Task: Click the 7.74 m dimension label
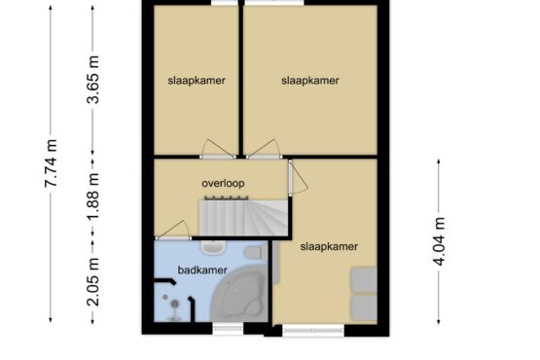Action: (x=51, y=163)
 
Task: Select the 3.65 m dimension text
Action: (x=93, y=80)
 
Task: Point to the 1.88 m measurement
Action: (x=93, y=196)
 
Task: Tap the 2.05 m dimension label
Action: (x=93, y=282)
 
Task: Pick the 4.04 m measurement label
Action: (x=439, y=242)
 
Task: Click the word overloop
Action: (x=223, y=183)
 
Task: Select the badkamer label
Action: (x=202, y=270)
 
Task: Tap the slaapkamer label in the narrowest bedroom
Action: (x=197, y=81)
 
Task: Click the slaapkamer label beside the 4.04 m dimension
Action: (x=329, y=247)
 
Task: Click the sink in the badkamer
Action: (x=213, y=247)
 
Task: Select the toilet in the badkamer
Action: (x=255, y=252)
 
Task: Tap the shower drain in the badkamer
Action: (x=175, y=304)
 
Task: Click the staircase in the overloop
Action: (x=243, y=218)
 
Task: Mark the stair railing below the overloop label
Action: (x=227, y=198)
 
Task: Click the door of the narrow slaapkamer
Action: (x=218, y=149)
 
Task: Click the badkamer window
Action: (x=228, y=329)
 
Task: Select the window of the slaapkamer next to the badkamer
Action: (x=313, y=331)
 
